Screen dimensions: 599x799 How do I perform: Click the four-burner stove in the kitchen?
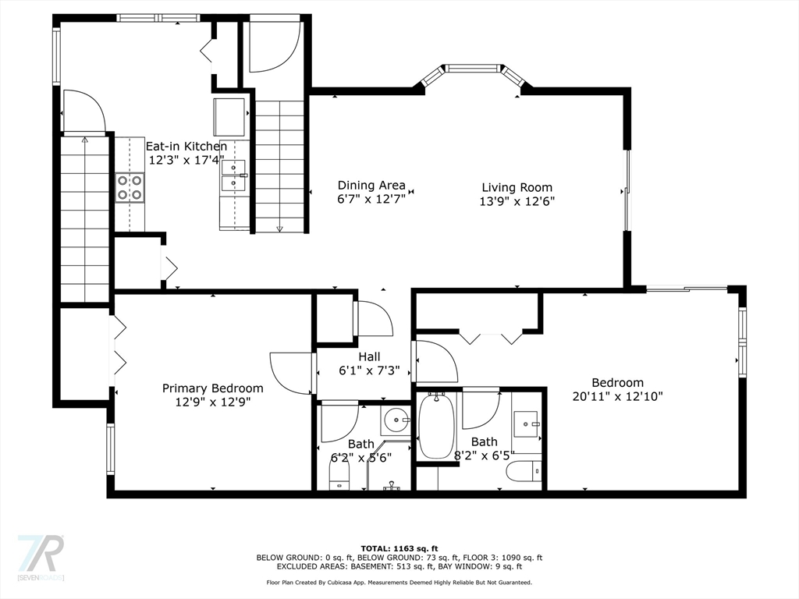[x=130, y=187]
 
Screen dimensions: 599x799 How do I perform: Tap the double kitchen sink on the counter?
[x=233, y=175]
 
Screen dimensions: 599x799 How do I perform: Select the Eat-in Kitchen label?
[x=186, y=146]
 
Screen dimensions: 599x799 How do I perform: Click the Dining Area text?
[x=371, y=186]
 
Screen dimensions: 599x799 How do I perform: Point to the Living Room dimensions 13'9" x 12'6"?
[x=517, y=200]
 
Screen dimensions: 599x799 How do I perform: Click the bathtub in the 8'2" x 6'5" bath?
[x=436, y=427]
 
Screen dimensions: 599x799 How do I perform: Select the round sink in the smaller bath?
[x=396, y=421]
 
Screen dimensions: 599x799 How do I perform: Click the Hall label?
[x=369, y=357]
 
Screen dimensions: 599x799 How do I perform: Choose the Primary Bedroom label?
[x=212, y=388]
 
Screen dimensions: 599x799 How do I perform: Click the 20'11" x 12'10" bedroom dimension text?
[x=617, y=395]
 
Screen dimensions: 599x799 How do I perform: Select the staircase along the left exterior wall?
[x=84, y=218]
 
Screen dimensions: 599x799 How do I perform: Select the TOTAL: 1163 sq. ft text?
[x=399, y=548]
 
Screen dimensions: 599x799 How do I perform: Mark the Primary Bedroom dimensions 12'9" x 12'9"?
[x=212, y=402]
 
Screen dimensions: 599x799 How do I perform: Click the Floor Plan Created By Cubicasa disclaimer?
[x=399, y=582]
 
